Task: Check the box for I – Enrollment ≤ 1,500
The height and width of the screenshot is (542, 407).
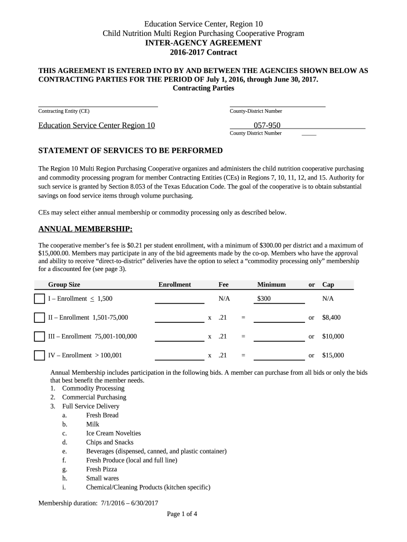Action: tap(40, 299)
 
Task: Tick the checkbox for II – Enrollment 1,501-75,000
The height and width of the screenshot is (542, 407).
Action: tap(40, 318)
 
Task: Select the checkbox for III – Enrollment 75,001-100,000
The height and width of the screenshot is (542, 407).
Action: tap(40, 337)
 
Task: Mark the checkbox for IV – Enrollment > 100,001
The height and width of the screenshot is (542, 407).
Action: tap(40, 355)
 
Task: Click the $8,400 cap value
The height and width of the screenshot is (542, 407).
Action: tap(331, 318)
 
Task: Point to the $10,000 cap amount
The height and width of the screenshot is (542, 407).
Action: tap(333, 337)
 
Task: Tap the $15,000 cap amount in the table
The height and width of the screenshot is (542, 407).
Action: tap(333, 355)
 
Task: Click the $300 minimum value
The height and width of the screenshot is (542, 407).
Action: tap(264, 299)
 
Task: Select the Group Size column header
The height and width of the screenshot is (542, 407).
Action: tap(64, 285)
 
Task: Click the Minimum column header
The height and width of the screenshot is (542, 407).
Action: tap(271, 285)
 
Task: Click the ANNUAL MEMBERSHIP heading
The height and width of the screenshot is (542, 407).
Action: tap(86, 229)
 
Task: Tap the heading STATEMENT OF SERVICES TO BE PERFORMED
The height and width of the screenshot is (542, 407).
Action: tap(131, 151)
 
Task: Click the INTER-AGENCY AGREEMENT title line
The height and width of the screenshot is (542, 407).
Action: tap(203, 43)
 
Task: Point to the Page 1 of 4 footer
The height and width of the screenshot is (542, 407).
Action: tap(182, 514)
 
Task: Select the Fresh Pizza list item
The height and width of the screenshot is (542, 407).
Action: tap(101, 469)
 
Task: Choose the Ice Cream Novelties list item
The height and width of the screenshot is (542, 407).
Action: tap(113, 433)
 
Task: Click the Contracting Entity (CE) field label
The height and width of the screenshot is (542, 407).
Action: tap(64, 111)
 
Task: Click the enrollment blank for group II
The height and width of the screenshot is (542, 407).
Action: tap(179, 318)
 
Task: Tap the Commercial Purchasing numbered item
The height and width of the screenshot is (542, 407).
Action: tap(94, 398)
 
